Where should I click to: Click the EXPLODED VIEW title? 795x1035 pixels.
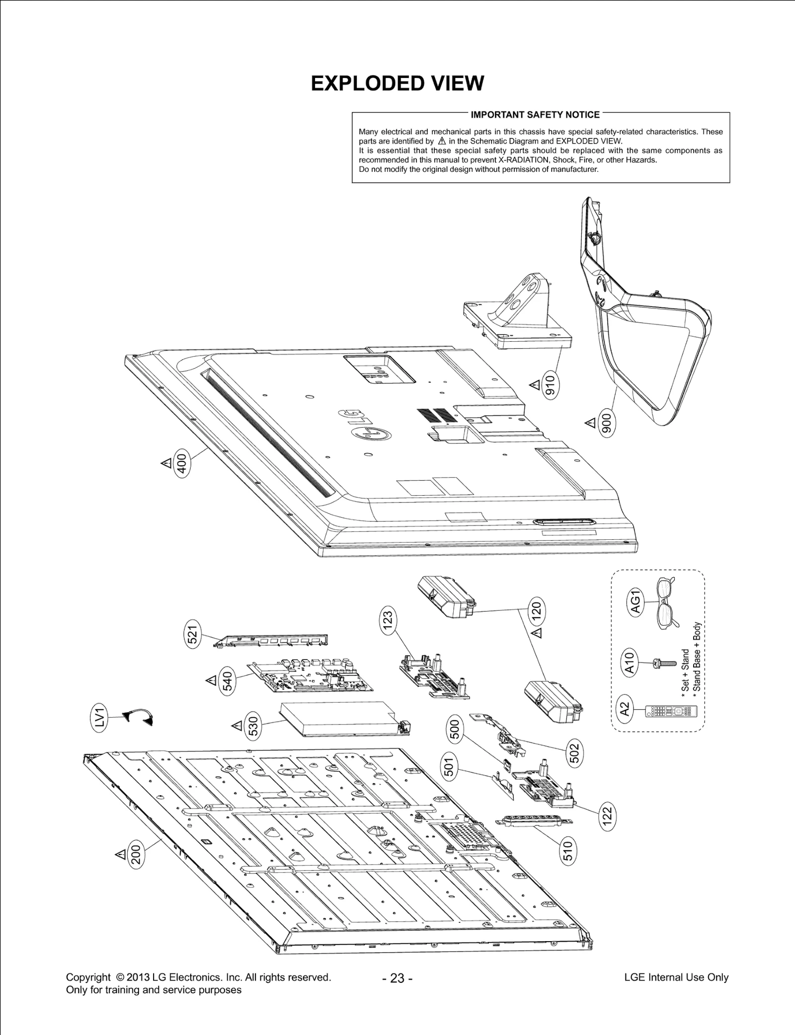point(397,83)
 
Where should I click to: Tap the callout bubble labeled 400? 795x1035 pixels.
point(182,465)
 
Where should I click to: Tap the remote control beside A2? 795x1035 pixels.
point(671,711)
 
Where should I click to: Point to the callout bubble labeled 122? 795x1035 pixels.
point(607,815)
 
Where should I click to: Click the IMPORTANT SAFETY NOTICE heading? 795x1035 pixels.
point(535,115)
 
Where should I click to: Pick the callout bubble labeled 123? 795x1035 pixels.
point(388,620)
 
